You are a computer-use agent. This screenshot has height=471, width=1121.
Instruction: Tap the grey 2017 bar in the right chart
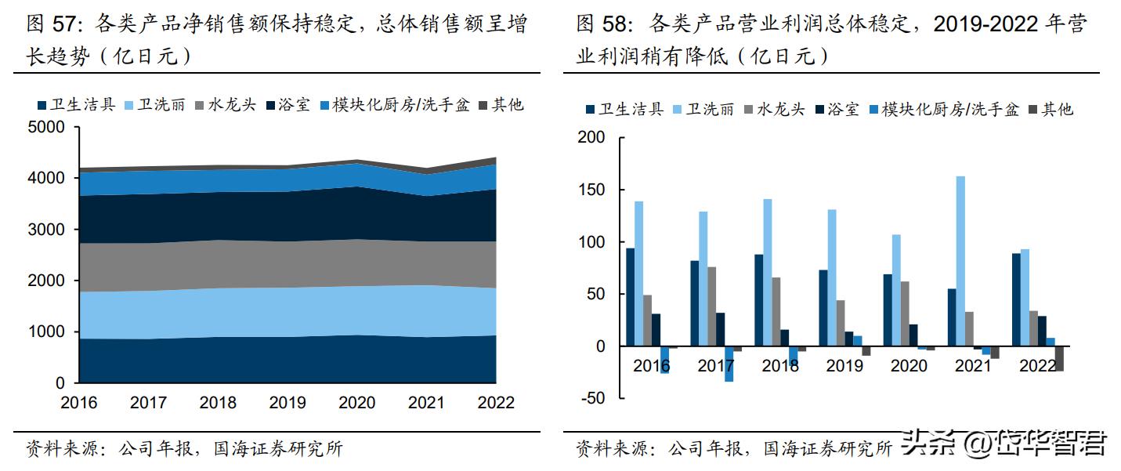[x=711, y=306]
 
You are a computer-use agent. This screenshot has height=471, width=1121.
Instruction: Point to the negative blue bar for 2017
[x=729, y=364]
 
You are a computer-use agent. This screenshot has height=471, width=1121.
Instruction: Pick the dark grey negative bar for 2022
[x=1060, y=358]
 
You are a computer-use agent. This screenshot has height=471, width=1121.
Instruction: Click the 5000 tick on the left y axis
[x=47, y=128]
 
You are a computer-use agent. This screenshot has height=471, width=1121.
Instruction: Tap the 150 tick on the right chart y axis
[x=591, y=190]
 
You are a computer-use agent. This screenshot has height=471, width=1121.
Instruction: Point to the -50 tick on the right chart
[x=591, y=398]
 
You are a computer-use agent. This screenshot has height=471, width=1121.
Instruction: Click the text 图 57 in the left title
[x=54, y=25]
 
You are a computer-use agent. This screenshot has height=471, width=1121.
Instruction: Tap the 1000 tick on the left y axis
[x=47, y=332]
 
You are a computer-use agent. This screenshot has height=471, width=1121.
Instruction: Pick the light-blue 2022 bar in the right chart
[x=1025, y=298]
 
